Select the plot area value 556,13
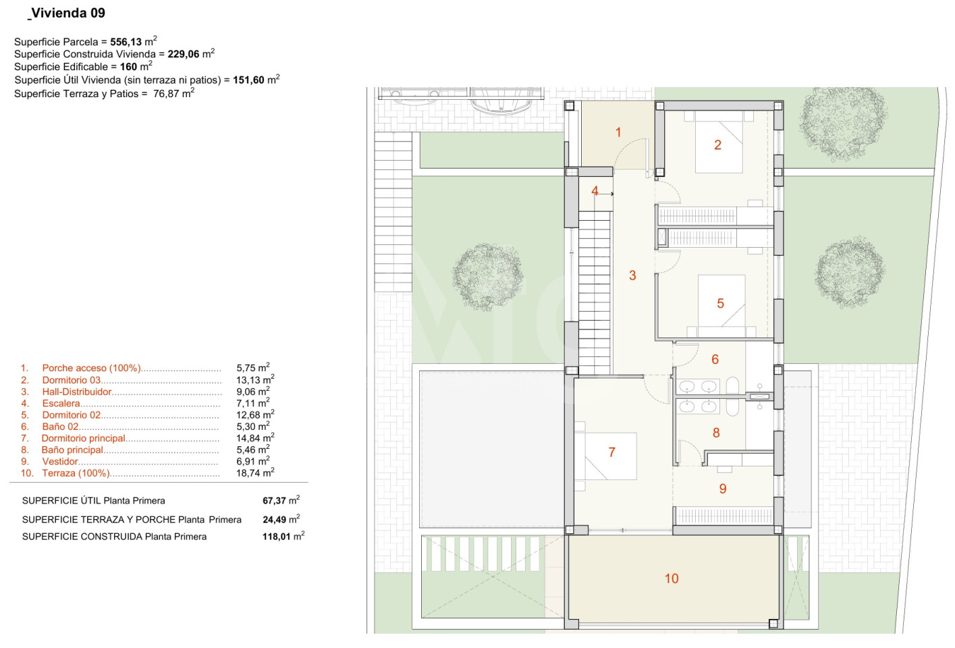pyautogui.click(x=126, y=42)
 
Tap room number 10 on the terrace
pyautogui.click(x=672, y=578)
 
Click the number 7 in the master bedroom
pyautogui.click(x=611, y=452)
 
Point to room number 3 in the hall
pyautogui.click(x=632, y=275)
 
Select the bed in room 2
pyautogui.click(x=719, y=142)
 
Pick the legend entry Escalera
pyautogui.click(x=61, y=403)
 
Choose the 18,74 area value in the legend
pyautogui.click(x=248, y=473)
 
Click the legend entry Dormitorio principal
pyautogui.click(x=83, y=438)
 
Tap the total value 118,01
pyautogui.click(x=276, y=537)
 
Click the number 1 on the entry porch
pyautogui.click(x=618, y=132)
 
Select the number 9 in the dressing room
pyautogui.click(x=723, y=489)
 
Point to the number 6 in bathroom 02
pyautogui.click(x=715, y=359)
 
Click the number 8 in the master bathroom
pyautogui.click(x=716, y=433)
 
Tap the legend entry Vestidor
pyautogui.click(x=60, y=461)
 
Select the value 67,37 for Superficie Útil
pyautogui.click(x=274, y=500)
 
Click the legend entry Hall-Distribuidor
pyautogui.click(x=77, y=391)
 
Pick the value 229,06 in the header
pyautogui.click(x=184, y=54)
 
